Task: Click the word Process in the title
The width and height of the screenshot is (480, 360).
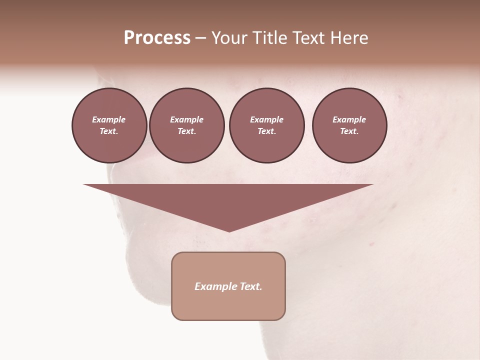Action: point(157,38)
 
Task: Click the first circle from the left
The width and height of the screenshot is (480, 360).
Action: point(109,125)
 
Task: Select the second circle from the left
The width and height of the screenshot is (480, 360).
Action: point(186,125)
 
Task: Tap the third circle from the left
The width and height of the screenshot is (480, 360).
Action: point(266,125)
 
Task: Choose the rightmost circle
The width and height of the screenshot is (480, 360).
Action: point(349,125)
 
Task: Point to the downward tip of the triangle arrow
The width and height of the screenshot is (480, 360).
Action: point(229,230)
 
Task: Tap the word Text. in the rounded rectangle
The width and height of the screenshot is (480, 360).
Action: point(250,286)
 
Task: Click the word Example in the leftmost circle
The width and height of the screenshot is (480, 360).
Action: point(109,119)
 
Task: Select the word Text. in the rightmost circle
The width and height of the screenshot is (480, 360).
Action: point(349,131)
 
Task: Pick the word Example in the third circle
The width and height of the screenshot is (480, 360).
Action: point(266,119)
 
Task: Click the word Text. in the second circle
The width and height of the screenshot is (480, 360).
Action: point(186,131)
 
